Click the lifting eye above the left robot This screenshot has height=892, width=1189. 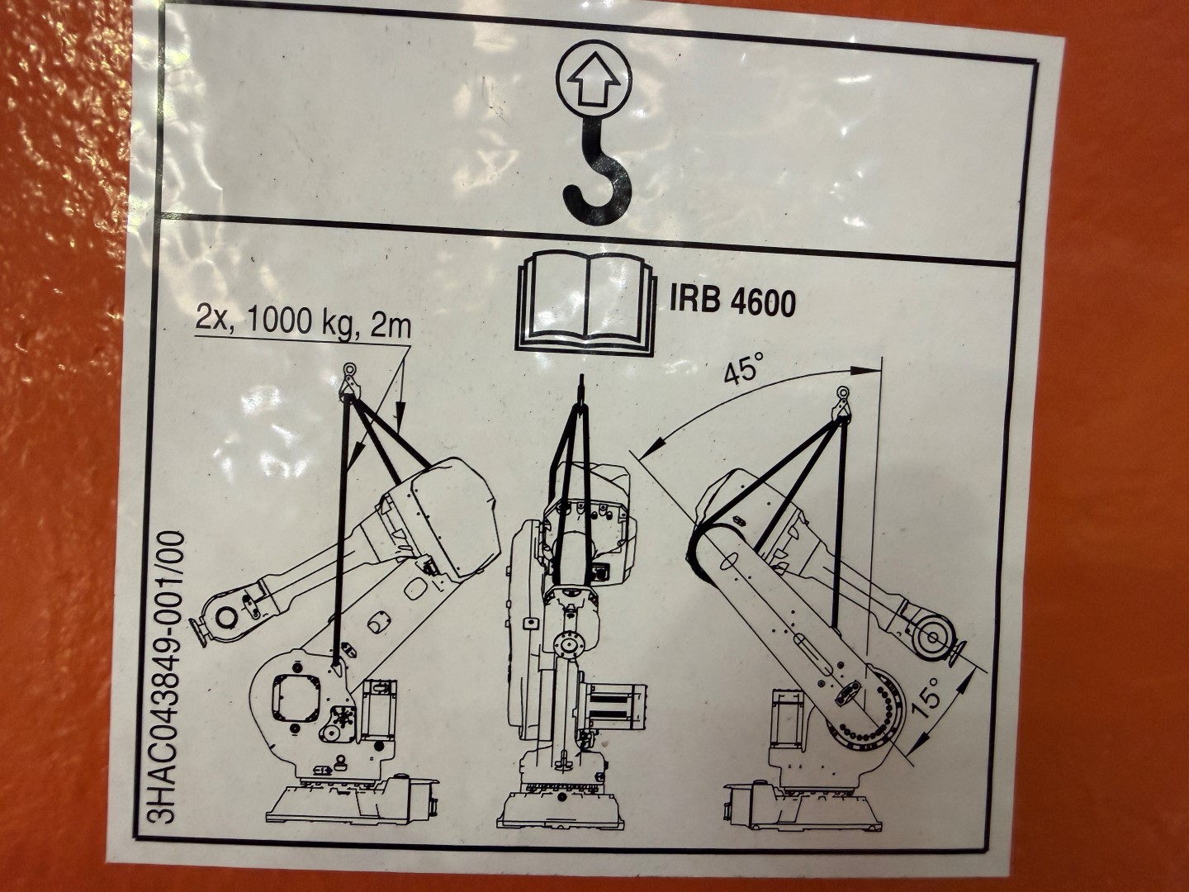[x=348, y=372]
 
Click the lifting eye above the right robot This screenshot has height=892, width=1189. [x=843, y=395]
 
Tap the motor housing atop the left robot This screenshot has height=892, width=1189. [x=450, y=516]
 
